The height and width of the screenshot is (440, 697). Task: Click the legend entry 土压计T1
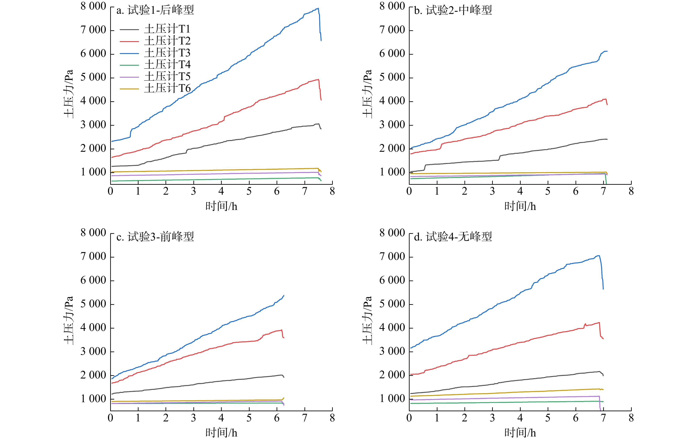point(167,29)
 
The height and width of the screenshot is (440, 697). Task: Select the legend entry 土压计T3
point(167,53)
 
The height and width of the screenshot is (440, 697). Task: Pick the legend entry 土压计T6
point(167,88)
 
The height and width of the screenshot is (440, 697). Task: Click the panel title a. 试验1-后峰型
point(155,10)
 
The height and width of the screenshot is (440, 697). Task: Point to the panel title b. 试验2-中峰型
point(453,10)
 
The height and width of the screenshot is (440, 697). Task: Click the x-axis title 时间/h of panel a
point(221,206)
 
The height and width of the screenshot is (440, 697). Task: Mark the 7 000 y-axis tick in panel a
point(93,30)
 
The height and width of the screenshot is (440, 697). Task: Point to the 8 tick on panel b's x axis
point(631,191)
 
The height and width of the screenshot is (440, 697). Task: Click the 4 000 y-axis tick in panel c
point(93,328)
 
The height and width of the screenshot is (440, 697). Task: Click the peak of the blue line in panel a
point(318,8)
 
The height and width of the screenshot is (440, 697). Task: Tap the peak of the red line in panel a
point(318,80)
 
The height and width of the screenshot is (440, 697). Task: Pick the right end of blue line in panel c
point(284,296)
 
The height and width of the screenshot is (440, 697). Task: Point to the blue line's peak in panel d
point(599,256)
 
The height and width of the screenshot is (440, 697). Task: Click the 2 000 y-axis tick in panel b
point(392,148)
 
